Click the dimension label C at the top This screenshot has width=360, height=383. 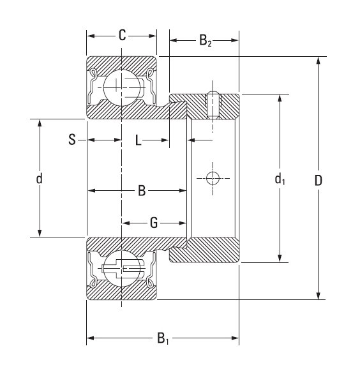[x=122, y=35]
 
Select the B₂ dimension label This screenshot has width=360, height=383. [x=205, y=42]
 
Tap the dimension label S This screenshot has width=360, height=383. [x=72, y=140]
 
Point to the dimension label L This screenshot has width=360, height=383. [x=138, y=140]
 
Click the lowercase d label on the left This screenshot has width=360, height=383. [x=40, y=179]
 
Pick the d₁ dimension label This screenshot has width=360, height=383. [x=280, y=180]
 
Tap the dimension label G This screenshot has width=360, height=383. [x=154, y=223]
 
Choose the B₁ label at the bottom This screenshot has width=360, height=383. [x=163, y=338]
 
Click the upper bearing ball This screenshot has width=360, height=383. [x=121, y=86]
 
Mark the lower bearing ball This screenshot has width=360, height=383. [x=121, y=269]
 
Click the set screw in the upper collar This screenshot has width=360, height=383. [x=213, y=105]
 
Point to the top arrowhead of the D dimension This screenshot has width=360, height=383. [x=318, y=61]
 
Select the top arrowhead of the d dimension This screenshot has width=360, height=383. [x=40, y=123]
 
